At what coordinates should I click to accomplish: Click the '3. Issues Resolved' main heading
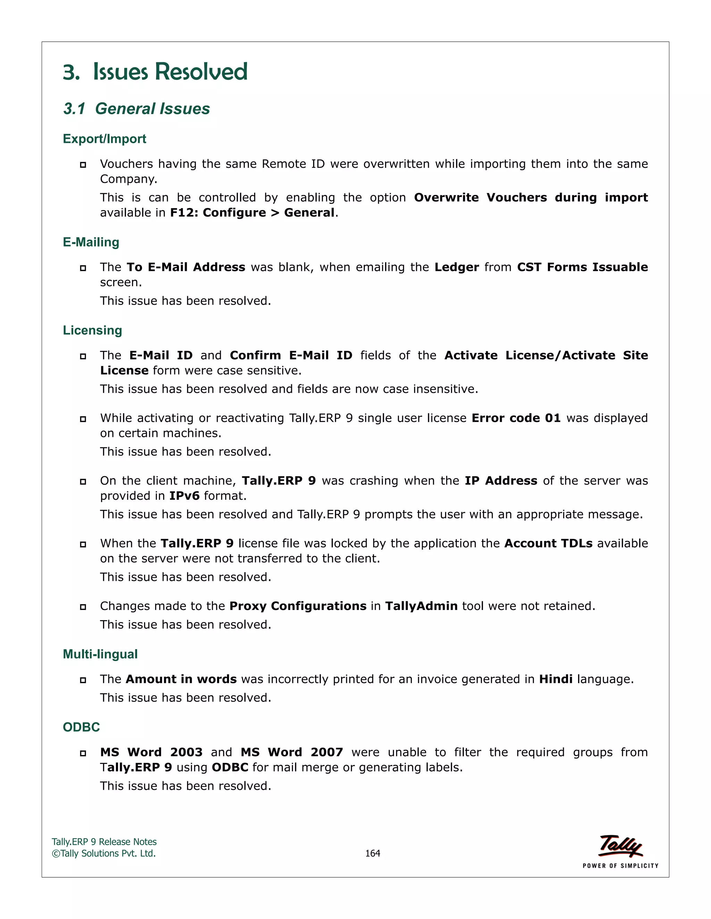[x=155, y=71]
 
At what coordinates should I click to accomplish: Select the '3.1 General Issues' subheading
[x=136, y=109]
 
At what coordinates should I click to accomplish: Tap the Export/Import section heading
[x=104, y=139]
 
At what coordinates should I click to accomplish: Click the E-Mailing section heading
[x=91, y=242]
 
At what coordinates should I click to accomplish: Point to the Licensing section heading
[x=92, y=330]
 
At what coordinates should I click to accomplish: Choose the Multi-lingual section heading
[x=100, y=654]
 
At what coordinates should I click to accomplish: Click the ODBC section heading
[x=81, y=727]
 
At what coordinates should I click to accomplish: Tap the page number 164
[x=373, y=853]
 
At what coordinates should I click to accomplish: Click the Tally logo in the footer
[x=620, y=846]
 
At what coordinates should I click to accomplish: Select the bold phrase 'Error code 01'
[x=516, y=418]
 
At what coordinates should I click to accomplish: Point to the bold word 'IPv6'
[x=184, y=496]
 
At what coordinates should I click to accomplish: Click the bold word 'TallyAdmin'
[x=421, y=606]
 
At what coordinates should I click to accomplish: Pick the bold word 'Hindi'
[x=555, y=679]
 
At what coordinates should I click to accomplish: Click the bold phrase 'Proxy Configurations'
[x=298, y=606]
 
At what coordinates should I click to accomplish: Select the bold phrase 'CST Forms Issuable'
[x=582, y=267]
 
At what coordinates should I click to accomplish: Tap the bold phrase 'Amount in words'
[x=181, y=679]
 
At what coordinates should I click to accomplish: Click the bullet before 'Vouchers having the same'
[x=83, y=164]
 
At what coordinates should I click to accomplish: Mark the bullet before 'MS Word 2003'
[x=83, y=753]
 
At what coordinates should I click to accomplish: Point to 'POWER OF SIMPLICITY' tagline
[x=620, y=866]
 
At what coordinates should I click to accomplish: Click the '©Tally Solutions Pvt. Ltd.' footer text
[x=103, y=853]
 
